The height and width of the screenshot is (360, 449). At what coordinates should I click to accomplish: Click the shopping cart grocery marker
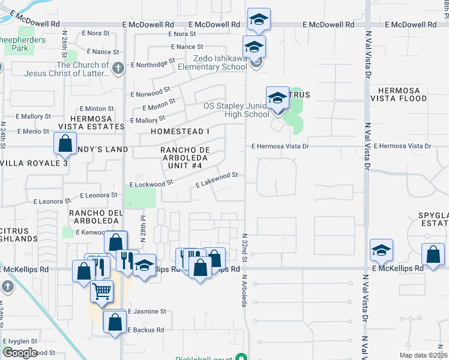102,291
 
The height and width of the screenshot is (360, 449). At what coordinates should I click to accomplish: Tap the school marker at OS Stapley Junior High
277,97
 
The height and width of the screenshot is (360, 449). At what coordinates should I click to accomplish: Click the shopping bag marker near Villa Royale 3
64,144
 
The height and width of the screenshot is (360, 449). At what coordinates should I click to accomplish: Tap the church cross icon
118,67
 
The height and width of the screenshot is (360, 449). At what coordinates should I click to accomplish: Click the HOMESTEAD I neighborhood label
180,131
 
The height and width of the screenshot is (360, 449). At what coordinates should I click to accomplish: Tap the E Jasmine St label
146,311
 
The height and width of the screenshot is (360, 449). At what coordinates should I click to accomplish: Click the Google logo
20,353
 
